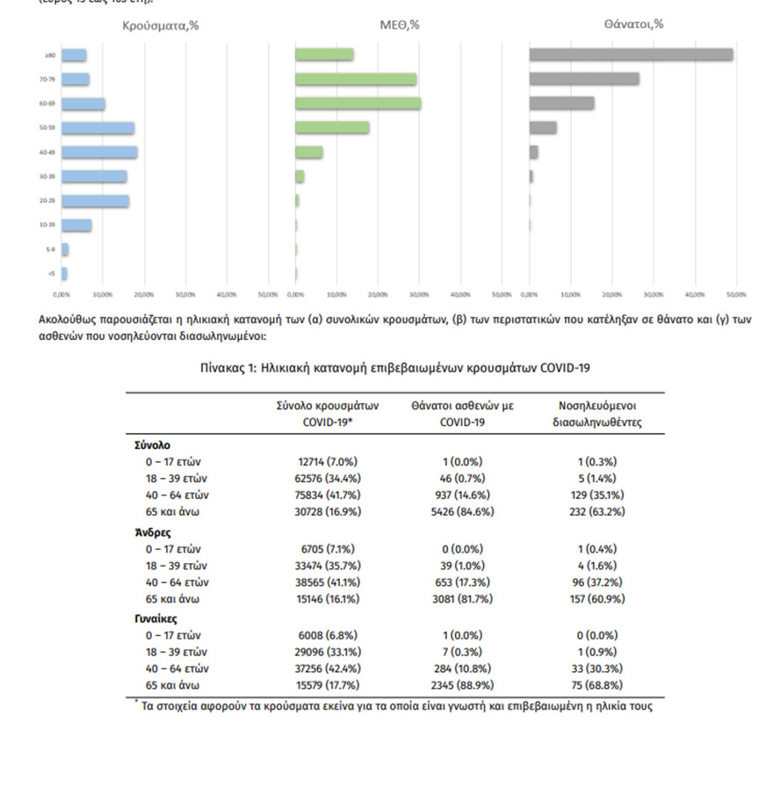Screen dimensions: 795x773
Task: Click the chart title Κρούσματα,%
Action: [161, 25]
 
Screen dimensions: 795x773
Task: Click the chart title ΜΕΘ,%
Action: [400, 25]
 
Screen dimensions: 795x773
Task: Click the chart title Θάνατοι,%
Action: [633, 25]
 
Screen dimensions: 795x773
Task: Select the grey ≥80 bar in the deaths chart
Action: [631, 54]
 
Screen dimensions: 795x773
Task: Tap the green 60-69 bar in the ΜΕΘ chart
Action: [358, 104]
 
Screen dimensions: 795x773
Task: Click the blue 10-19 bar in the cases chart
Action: [76, 226]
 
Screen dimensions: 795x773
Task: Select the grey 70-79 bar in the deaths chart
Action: [584, 79]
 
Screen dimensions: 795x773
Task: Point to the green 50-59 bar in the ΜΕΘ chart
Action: [332, 128]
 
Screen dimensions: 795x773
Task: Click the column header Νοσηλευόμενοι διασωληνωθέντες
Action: [597, 414]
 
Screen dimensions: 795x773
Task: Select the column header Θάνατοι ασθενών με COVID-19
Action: [462, 414]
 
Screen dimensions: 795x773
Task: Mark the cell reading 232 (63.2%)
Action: [596, 511]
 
